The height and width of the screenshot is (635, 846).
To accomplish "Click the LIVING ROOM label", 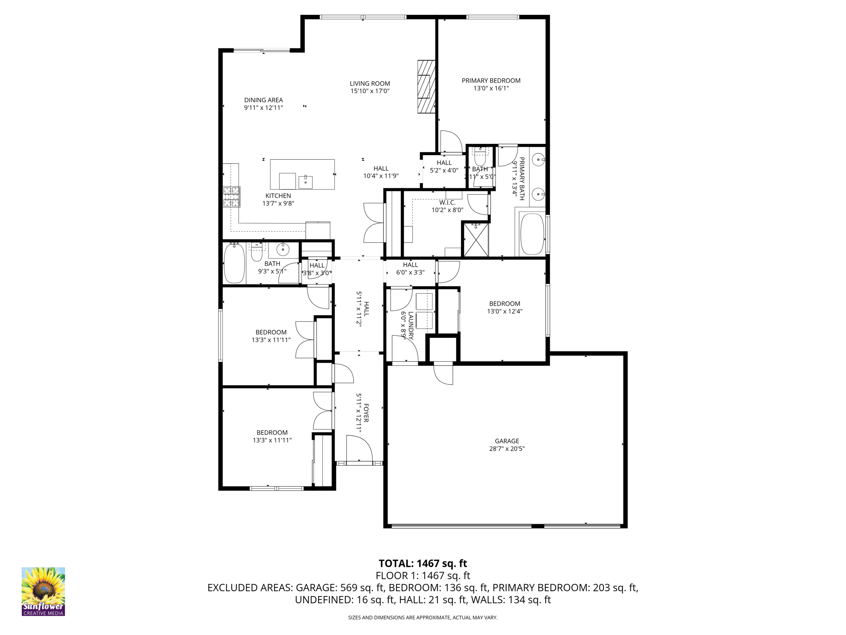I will coord(370,84).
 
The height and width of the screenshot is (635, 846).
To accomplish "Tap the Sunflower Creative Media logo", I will coord(43,591).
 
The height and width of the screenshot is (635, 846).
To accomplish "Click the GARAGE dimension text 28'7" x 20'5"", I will coord(507,449).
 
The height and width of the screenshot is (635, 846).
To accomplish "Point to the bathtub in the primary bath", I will coord(532,234).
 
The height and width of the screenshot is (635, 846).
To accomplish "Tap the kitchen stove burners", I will coord(231,197).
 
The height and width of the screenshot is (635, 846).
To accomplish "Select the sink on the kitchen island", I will coord(306,182).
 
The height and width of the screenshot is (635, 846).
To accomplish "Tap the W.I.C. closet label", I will coord(447,203).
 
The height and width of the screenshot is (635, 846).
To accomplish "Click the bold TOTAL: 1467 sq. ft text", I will coord(423,563).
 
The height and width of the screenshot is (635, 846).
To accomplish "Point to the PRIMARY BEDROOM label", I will coord(491,81).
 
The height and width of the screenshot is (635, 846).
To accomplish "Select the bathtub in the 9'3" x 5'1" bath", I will coord(234,263).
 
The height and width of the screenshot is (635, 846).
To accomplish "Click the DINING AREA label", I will coord(264,100).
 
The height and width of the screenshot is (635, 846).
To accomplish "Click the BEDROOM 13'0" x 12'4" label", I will coord(504,304).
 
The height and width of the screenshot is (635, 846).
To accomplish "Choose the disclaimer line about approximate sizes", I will coord(423,618).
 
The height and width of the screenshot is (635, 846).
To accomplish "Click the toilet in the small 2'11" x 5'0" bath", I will coord(480,157).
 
